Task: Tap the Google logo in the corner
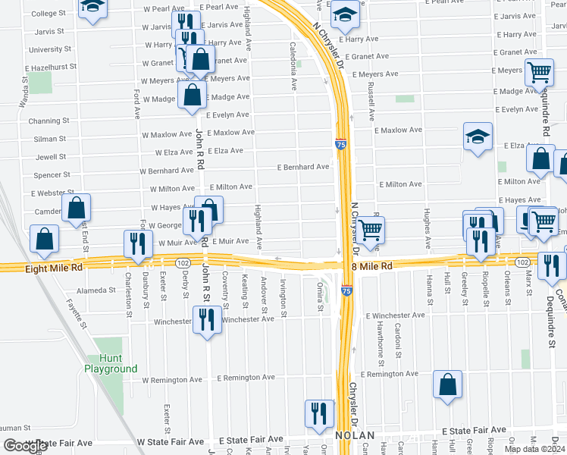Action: coord(25,446)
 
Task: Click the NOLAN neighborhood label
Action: coord(355,436)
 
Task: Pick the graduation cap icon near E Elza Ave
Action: coord(478,136)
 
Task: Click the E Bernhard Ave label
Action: coord(303,167)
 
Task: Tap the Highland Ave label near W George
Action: coord(258,227)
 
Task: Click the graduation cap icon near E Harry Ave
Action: coord(345,14)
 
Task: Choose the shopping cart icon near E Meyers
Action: coord(539,74)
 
